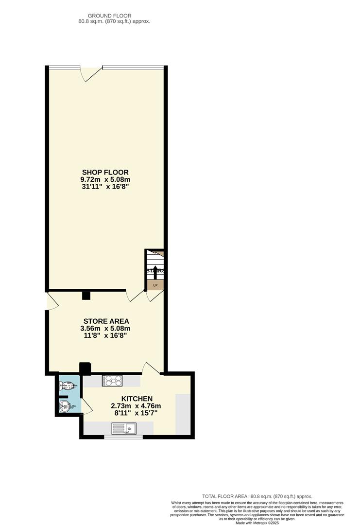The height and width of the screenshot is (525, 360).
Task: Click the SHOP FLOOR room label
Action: [105, 172]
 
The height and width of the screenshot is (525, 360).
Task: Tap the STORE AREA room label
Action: [106, 321]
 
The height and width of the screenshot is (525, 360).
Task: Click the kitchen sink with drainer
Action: [124, 428]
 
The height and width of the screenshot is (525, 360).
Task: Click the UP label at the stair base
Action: [155, 285]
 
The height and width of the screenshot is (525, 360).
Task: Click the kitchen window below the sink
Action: [123, 437]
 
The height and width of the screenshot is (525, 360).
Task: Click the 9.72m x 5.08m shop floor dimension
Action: [105, 179]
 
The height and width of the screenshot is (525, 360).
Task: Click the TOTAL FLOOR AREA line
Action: [257, 496]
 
